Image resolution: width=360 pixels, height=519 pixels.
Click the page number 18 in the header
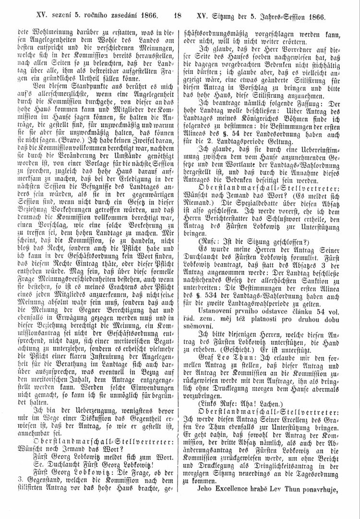(178, 16)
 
